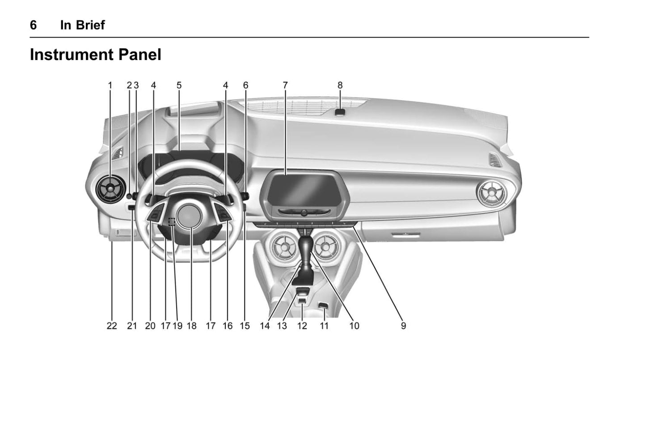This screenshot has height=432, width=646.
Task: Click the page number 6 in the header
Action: pyautogui.click(x=34, y=25)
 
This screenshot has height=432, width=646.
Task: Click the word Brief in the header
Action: pyautogui.click(x=90, y=25)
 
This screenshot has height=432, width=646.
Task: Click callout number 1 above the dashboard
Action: pyautogui.click(x=110, y=86)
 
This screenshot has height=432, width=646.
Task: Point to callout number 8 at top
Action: pyautogui.click(x=340, y=86)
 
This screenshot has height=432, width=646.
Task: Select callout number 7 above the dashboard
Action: pyautogui.click(x=285, y=86)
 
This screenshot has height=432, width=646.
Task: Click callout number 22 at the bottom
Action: pyautogui.click(x=112, y=326)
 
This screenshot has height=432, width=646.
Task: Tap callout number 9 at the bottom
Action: pyautogui.click(x=403, y=326)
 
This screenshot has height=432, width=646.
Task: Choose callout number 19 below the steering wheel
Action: pyautogui.click(x=177, y=326)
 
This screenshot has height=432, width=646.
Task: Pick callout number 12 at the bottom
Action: pyautogui.click(x=302, y=326)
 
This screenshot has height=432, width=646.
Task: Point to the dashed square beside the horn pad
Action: pyautogui.click(x=172, y=222)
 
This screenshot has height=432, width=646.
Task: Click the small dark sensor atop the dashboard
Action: pyautogui.click(x=340, y=112)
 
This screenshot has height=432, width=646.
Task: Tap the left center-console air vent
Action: pyautogui.click(x=284, y=246)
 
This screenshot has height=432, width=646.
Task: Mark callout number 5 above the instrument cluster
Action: pyautogui.click(x=179, y=86)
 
